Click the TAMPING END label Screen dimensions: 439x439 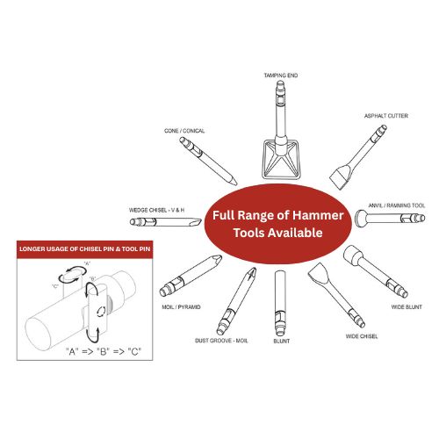(281, 76)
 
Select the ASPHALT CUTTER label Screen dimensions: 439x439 (386, 116)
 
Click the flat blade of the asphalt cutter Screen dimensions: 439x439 (341, 177)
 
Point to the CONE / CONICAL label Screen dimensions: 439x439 (184, 131)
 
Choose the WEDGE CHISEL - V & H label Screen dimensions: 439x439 (156, 210)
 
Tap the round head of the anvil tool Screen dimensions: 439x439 (361, 219)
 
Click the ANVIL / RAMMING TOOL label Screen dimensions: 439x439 (397, 205)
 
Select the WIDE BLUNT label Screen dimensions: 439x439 (407, 307)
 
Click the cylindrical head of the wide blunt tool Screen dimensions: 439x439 (353, 255)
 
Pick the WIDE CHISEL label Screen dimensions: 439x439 (362, 336)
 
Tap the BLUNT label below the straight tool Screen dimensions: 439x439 (282, 342)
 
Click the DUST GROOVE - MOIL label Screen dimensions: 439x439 (221, 341)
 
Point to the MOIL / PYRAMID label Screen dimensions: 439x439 (181, 307)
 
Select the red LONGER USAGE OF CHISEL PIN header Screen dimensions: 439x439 (85, 249)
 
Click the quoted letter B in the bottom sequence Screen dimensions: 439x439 (103, 351)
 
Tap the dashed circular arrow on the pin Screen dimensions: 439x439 (100, 312)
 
